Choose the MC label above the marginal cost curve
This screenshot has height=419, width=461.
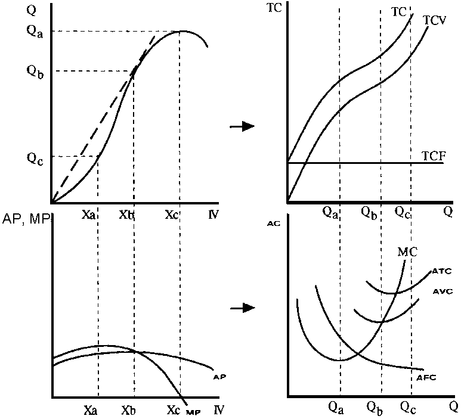point(406,250)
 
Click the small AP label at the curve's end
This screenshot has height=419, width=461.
point(219,377)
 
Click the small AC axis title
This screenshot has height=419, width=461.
point(274,224)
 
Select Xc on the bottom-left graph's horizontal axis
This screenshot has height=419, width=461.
point(173,410)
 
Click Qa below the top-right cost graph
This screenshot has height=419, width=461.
point(330,211)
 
